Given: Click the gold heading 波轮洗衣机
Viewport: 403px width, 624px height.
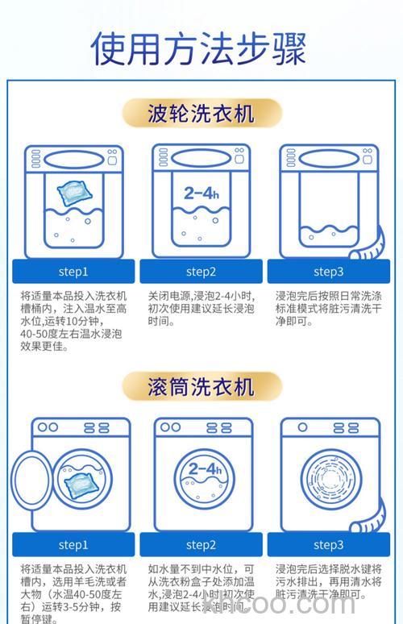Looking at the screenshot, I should [201, 112].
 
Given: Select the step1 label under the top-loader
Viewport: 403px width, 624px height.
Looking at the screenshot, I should [73, 272].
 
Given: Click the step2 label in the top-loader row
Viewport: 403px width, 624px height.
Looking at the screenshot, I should [201, 272].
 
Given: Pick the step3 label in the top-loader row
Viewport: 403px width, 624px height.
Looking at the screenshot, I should [328, 272].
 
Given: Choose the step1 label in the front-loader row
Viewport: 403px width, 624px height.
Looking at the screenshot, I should [73, 545].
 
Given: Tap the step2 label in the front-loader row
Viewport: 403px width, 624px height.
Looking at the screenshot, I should [201, 545].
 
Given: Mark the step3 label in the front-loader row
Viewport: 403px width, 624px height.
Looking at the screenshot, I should [328, 545].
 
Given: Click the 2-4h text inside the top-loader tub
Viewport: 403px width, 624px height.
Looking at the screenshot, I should [201, 193].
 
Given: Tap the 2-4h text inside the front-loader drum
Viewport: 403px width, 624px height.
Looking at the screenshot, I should [204, 469].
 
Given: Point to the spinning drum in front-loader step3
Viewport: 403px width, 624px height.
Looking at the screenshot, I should [329, 482].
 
